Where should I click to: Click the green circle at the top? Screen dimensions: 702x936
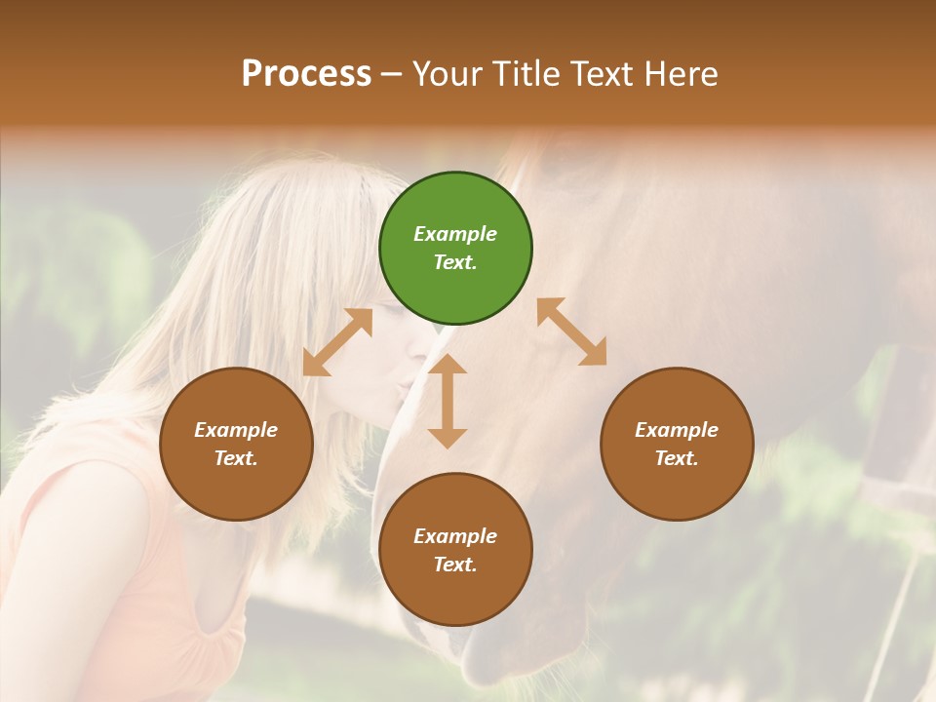[x=455, y=249]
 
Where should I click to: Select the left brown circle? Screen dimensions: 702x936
[x=236, y=444]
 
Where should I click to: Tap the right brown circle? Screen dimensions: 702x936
[x=677, y=444]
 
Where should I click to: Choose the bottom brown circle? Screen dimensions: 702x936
[x=455, y=550]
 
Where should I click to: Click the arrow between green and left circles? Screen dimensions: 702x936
[x=337, y=342]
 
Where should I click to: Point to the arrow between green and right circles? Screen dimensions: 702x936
[x=571, y=331]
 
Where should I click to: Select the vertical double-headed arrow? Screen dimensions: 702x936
[x=448, y=401]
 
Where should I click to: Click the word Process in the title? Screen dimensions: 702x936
[x=306, y=73]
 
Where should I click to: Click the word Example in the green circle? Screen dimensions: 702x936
[x=455, y=234]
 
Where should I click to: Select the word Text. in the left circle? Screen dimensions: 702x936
[x=236, y=458]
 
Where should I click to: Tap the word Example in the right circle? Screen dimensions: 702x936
[x=677, y=430]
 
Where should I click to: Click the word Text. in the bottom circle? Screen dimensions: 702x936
[x=455, y=565]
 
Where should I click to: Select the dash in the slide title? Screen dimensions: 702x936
[x=392, y=74]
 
